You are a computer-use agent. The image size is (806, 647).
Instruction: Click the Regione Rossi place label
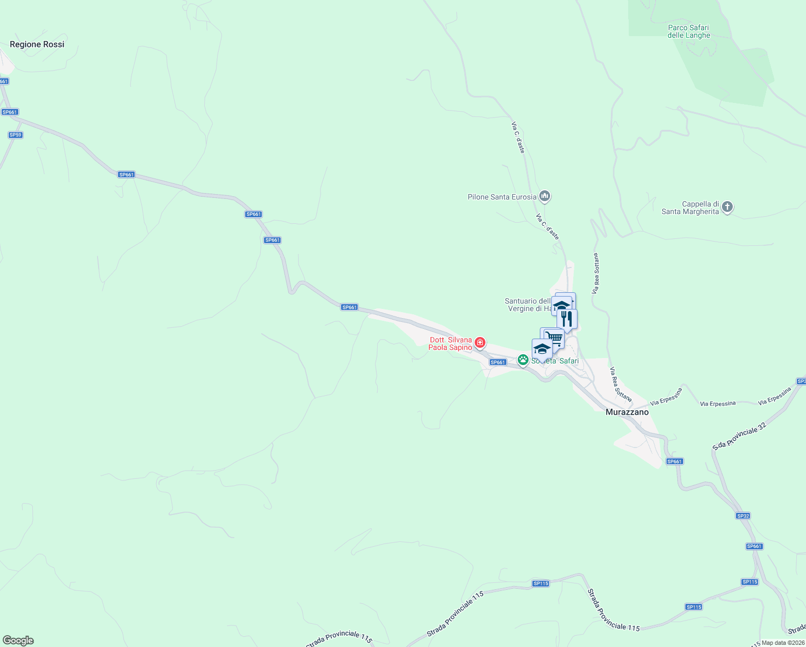tap(37, 44)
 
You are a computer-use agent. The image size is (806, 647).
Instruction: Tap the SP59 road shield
tap(16, 135)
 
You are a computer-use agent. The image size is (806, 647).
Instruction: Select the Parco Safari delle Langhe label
tap(689, 31)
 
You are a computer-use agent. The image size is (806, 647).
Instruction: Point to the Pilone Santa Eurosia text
tap(502, 197)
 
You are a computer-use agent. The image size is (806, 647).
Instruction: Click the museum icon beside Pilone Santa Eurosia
tap(545, 196)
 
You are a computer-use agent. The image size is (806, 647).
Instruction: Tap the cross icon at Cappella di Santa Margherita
tap(727, 207)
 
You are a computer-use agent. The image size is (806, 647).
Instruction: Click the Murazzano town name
tap(627, 412)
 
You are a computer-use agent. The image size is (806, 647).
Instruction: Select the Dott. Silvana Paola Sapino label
tap(450, 344)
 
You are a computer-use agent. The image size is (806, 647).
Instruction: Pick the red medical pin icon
tap(480, 342)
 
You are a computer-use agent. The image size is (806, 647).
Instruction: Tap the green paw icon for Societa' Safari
tap(523, 360)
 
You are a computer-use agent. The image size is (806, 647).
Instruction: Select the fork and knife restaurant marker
tap(567, 319)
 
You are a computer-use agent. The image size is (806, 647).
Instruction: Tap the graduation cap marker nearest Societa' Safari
tap(541, 348)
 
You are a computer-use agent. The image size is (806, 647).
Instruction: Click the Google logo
tap(18, 641)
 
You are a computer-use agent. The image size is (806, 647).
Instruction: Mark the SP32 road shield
tap(743, 516)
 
